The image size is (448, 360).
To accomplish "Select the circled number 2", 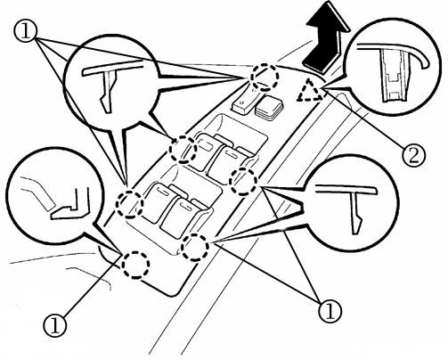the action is [x=413, y=155].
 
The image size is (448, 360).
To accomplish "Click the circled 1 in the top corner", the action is [x=25, y=32].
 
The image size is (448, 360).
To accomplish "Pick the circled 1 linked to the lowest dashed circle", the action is [x=55, y=325].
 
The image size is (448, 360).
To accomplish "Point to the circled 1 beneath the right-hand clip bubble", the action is [x=330, y=311].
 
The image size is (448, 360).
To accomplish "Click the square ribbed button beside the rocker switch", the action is [x=269, y=109].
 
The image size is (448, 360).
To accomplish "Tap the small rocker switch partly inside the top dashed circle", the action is [x=247, y=100].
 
